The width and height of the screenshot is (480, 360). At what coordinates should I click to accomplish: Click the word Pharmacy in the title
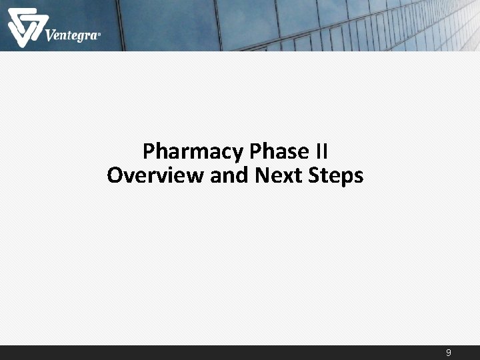point(193,152)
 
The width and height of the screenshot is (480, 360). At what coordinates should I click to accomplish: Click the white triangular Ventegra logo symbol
point(24,27)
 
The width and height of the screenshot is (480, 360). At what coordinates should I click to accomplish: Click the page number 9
point(449,353)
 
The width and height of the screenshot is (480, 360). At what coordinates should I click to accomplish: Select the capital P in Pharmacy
point(149,151)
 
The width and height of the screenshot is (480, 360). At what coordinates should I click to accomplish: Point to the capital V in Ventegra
point(51,34)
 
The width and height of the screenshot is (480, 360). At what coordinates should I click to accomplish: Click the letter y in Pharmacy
point(237,155)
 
